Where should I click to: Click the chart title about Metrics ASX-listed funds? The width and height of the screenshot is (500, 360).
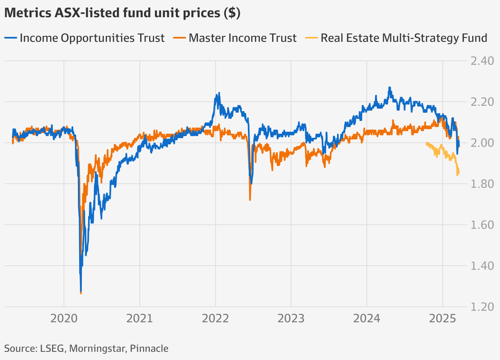click(122, 13)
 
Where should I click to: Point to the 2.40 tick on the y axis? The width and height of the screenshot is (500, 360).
click(481, 61)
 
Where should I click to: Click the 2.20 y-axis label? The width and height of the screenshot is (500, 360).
click(481, 102)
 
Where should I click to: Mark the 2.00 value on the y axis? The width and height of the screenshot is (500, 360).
click(481, 143)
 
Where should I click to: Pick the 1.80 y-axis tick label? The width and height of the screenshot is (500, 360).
click(481, 184)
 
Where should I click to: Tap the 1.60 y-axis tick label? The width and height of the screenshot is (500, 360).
click(481, 225)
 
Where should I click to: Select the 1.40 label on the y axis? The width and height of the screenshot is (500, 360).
click(481, 266)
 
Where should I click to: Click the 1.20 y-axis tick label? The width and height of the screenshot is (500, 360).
click(481, 307)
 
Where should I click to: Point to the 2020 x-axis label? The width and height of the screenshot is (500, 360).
click(64, 319)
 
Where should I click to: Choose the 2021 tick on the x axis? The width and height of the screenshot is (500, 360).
click(140, 319)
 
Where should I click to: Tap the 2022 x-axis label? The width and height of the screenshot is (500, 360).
click(215, 319)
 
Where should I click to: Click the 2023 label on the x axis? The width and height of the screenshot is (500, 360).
click(291, 319)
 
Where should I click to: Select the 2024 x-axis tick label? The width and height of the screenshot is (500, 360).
click(366, 319)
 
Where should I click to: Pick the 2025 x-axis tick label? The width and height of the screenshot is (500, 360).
click(442, 319)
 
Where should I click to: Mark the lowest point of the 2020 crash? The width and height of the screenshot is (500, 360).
click(81, 292)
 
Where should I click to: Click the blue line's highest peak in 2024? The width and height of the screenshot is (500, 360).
click(389, 88)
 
